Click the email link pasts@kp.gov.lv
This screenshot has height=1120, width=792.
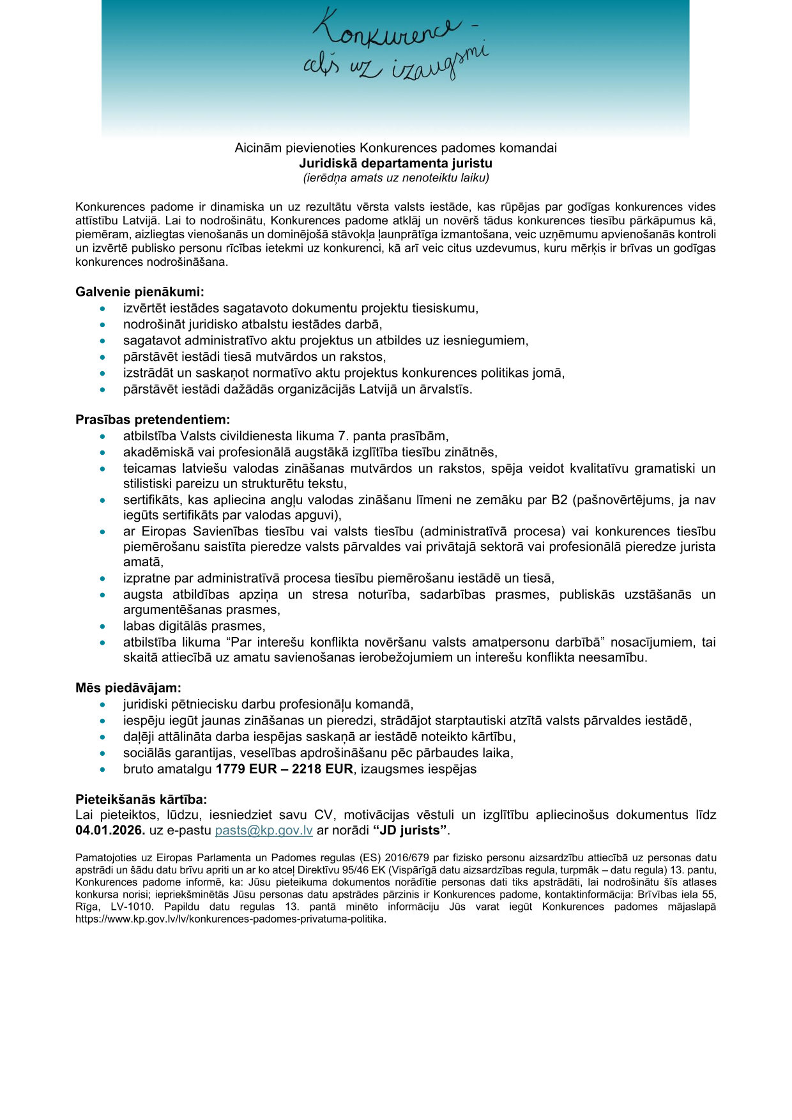pyautogui.click(x=264, y=831)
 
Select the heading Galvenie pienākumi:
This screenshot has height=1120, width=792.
pyautogui.click(x=140, y=292)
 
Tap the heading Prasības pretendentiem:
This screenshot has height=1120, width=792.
pyautogui.click(x=153, y=420)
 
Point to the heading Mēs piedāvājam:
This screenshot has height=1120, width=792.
pyautogui.click(x=128, y=688)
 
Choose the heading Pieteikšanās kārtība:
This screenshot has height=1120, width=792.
pyautogui.click(x=141, y=799)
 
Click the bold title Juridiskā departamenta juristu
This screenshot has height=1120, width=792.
pyautogui.click(x=396, y=163)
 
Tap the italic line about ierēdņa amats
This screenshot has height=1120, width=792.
pyautogui.click(x=396, y=178)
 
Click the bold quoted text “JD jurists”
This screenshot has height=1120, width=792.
pyautogui.click(x=409, y=831)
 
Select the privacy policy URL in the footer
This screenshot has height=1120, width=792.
pyautogui.click(x=231, y=919)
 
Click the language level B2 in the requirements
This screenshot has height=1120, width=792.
pyautogui.click(x=560, y=500)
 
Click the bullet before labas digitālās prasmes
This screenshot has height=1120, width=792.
pyautogui.click(x=103, y=627)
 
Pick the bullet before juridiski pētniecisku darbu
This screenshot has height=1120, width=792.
pyautogui.click(x=103, y=705)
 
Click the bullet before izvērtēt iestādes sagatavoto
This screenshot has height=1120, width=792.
pyautogui.click(x=103, y=309)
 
